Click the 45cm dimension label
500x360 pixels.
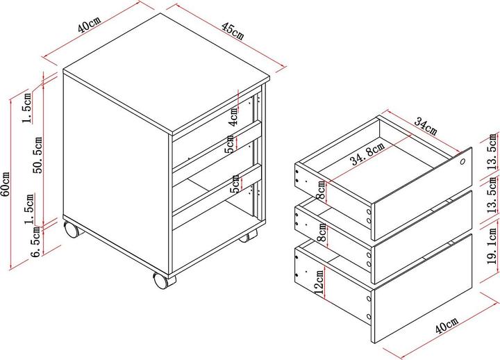(x=233, y=31)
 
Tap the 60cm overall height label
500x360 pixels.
(x=6, y=184)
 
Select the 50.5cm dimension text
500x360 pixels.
(x=38, y=155)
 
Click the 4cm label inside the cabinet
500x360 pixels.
(x=234, y=117)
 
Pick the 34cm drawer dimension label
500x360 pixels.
(x=426, y=126)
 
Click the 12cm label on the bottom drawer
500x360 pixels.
(x=319, y=281)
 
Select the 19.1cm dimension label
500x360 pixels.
(x=492, y=246)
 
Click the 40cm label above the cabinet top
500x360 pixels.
(x=89, y=24)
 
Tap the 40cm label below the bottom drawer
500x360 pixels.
(x=447, y=325)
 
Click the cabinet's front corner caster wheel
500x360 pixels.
(x=162, y=280)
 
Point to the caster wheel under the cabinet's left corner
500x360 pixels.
(x=72, y=229)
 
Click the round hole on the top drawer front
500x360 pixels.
(x=462, y=161)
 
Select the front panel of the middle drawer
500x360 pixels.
(x=422, y=237)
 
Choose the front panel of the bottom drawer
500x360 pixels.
(x=422, y=288)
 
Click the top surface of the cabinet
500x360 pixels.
(x=166, y=73)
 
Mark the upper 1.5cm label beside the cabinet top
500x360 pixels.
(x=28, y=108)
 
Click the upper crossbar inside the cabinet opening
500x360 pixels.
(x=217, y=145)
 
